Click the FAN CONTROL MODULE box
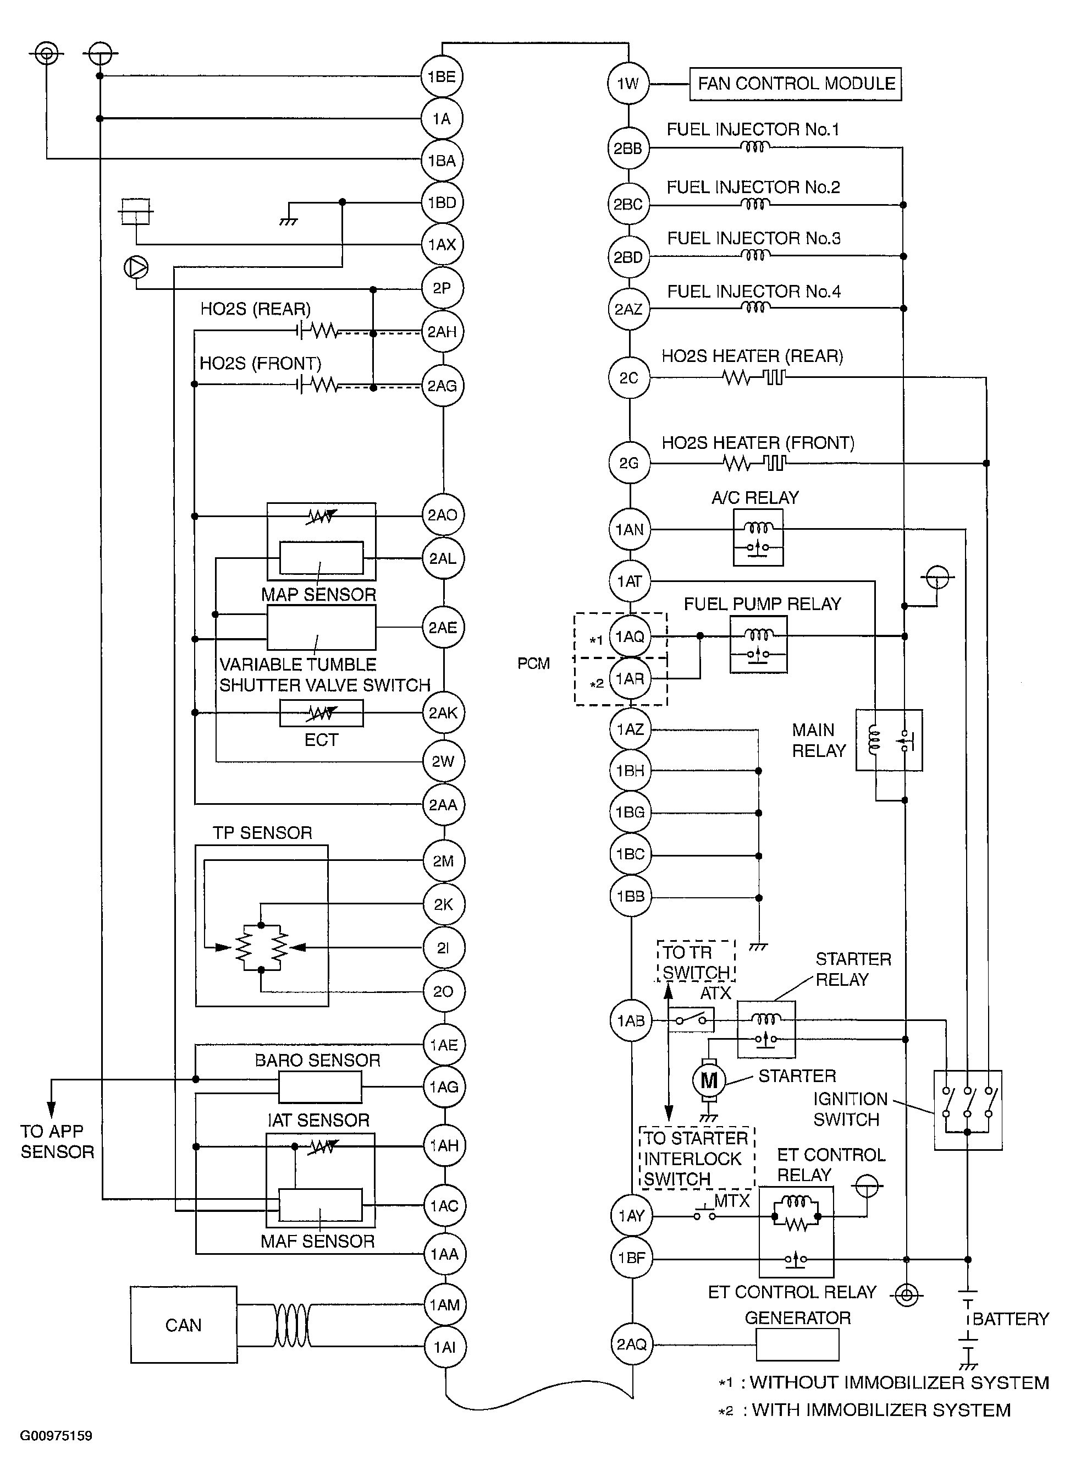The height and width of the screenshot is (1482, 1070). pos(795,84)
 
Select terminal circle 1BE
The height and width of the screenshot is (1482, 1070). pos(442,76)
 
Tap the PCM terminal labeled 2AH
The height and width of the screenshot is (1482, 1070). pos(442,332)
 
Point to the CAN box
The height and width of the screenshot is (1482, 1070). pos(184,1325)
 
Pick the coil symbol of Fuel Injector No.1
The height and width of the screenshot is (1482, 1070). pos(754,147)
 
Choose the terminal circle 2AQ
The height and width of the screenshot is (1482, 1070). pos(631,1344)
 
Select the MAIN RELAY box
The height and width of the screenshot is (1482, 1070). pos(889,740)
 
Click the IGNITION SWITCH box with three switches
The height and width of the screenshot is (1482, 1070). pos(967,1110)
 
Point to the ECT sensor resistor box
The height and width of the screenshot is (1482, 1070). pos(322,713)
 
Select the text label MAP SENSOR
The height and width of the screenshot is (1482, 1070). pos(319,595)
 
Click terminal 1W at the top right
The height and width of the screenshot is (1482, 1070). pos(628,84)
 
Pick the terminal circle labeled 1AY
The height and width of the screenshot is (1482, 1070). pos(631,1215)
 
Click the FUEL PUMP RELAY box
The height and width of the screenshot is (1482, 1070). pos(758,644)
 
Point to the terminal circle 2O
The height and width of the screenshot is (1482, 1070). pos(444,992)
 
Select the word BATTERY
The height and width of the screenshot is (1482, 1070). pos(1011,1319)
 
